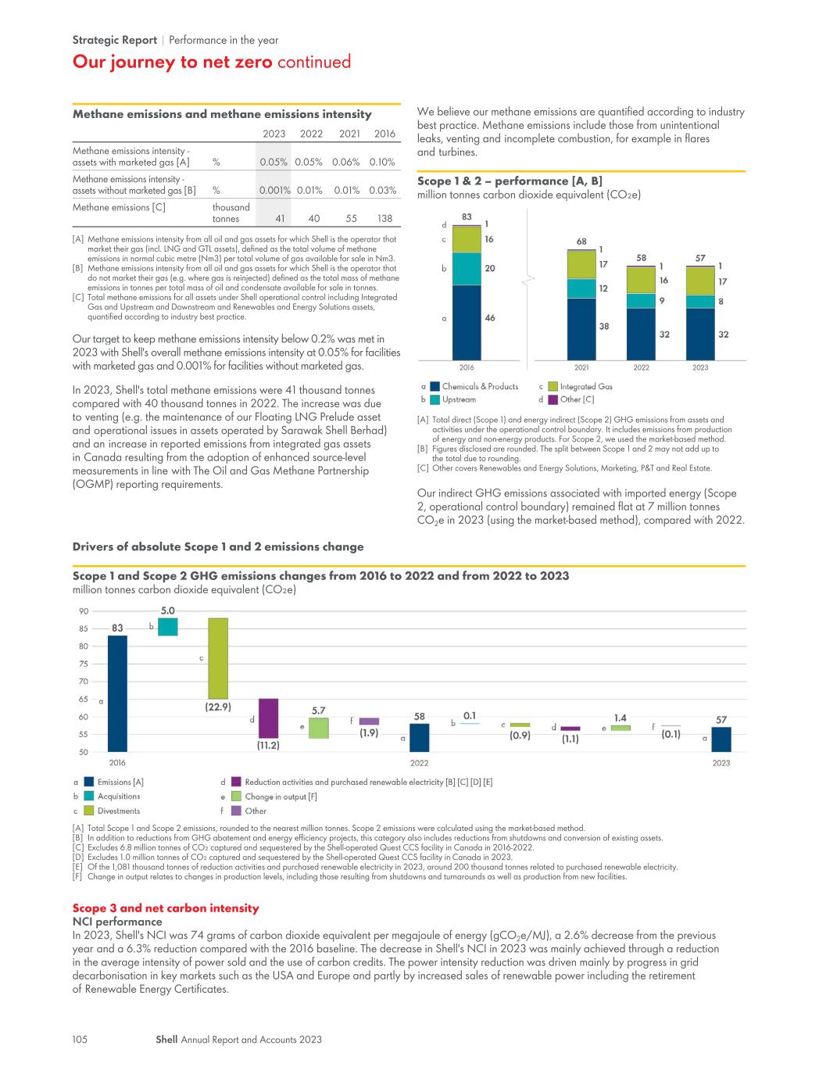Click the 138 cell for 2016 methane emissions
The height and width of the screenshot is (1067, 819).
pos(384,219)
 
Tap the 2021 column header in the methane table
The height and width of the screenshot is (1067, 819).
pos(349,134)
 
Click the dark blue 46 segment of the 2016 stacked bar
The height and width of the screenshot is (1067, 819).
pos(467,323)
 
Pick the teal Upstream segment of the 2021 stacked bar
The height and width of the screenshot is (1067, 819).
pos(581,288)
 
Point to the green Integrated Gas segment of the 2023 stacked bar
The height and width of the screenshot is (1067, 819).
pos(699,281)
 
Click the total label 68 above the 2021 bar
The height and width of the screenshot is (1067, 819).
pos(581,242)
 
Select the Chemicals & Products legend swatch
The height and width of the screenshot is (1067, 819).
pos(435,387)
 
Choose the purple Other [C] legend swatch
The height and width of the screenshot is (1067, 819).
pos(553,399)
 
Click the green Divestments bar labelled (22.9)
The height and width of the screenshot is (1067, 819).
pos(218,658)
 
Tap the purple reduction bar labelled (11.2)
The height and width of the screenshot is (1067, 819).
pos(268,718)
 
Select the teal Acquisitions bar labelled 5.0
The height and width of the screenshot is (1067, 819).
pos(167,627)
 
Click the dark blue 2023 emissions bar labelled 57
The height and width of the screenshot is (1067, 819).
pos(721,739)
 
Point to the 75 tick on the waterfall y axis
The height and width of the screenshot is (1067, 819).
pos(84,664)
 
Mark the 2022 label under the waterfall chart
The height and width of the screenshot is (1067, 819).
pos(419,763)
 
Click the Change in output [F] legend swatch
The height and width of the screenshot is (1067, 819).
pos(236,797)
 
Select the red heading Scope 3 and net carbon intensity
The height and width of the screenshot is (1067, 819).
pos(166,908)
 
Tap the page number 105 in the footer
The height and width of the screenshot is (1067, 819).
pos(80,1039)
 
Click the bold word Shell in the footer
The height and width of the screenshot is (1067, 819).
pos(166,1039)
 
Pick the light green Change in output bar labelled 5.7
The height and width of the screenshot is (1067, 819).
pos(319,728)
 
